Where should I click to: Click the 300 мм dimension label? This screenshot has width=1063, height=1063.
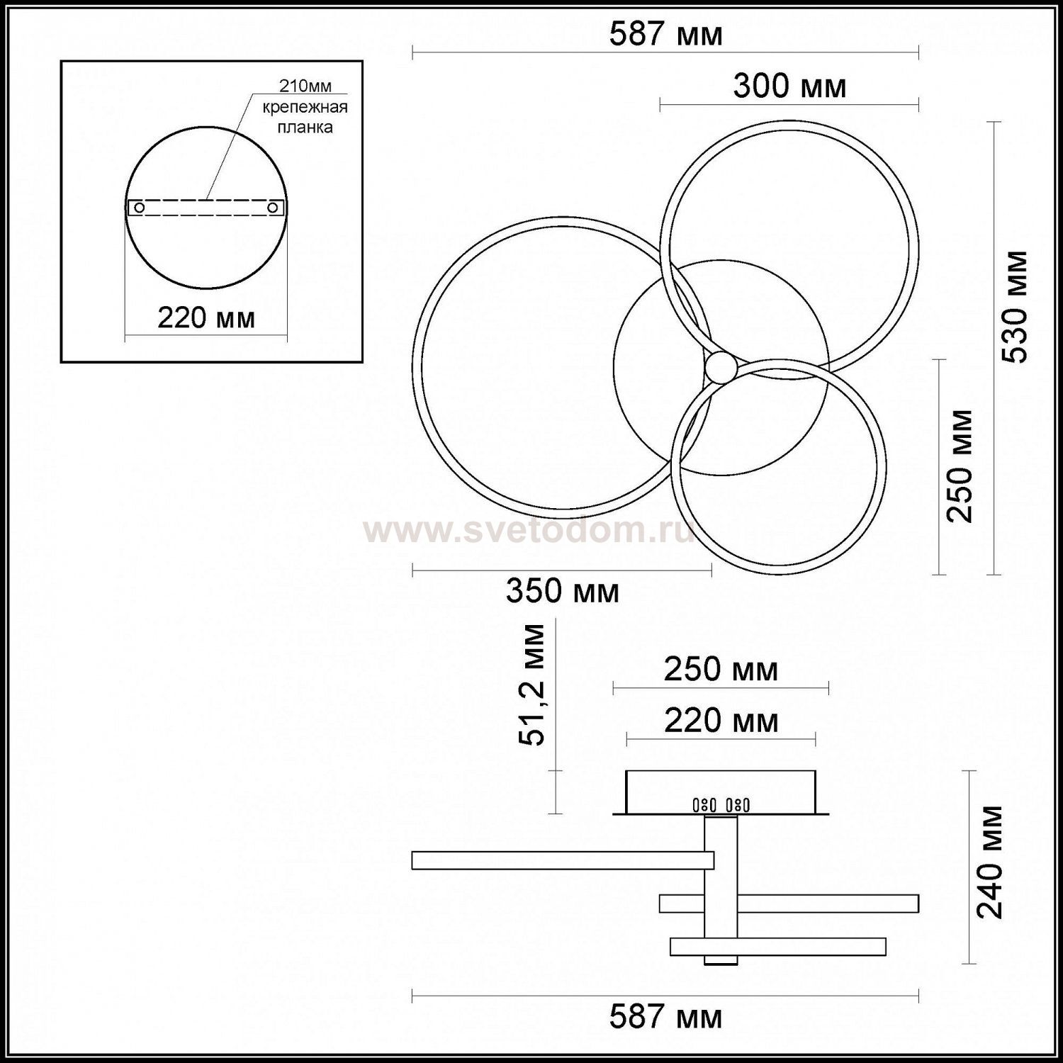789,86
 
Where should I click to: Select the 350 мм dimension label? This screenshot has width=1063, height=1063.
563,590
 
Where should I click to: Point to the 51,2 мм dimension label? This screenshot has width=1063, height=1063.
531,685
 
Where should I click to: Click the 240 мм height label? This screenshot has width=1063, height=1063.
989,862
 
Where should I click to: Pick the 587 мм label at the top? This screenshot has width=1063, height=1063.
666,34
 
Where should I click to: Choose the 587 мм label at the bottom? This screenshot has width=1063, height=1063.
666,1018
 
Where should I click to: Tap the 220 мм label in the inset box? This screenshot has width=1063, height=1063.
206,317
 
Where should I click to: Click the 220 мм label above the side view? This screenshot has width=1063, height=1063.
721,721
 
